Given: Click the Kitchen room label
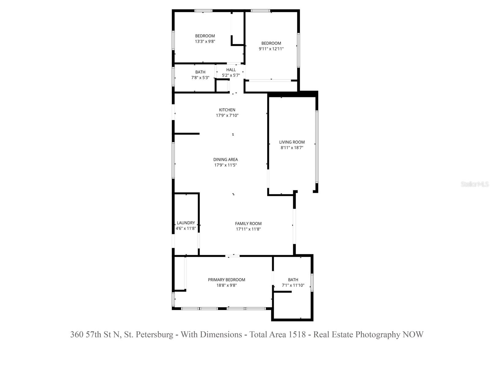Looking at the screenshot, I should [227, 110].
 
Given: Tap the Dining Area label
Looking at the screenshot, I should [225, 159].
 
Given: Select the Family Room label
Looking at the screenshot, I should [248, 224].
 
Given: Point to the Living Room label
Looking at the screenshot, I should [292, 142].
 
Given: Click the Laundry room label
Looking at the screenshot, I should [186, 223].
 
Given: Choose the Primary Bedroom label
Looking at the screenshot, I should [226, 280].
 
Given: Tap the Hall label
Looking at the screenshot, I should [231, 70].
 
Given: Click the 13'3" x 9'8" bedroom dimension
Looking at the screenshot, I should [205, 41].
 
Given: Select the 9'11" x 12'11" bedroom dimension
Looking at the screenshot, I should [271, 49].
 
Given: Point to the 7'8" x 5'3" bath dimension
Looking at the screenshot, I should [200, 78].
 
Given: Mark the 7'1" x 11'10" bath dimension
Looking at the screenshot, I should [293, 285].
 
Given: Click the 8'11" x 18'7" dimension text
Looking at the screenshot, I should [292, 148].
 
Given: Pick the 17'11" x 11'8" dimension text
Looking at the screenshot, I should [248, 229].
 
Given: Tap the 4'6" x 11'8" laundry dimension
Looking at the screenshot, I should [186, 228].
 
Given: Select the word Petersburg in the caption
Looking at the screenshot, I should [155, 334].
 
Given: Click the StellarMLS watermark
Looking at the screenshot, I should [475, 184].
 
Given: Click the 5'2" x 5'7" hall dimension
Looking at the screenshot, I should [231, 75].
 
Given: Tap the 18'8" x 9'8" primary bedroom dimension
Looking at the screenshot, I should [226, 285].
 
